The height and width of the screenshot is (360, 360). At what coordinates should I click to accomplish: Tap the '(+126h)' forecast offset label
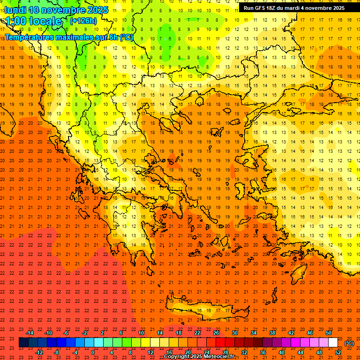click(x=83, y=21)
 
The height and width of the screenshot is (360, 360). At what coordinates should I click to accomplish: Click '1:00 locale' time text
click(x=33, y=21)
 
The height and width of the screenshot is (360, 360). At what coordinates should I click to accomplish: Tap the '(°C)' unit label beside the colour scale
click(x=349, y=343)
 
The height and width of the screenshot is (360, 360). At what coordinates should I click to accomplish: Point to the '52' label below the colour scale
click(x=337, y=352)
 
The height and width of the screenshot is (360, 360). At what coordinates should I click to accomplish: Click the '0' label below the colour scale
click(x=93, y=352)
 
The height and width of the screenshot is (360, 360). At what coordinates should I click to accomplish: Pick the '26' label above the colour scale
click(x=216, y=333)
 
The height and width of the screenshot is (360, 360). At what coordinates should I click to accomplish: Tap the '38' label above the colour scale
click(x=272, y=333)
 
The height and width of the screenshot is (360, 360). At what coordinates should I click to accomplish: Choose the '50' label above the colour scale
click(x=329, y=333)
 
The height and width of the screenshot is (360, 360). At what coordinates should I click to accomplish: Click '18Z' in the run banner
click(x=275, y=8)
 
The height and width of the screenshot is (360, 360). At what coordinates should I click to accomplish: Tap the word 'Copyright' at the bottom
click(x=177, y=357)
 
